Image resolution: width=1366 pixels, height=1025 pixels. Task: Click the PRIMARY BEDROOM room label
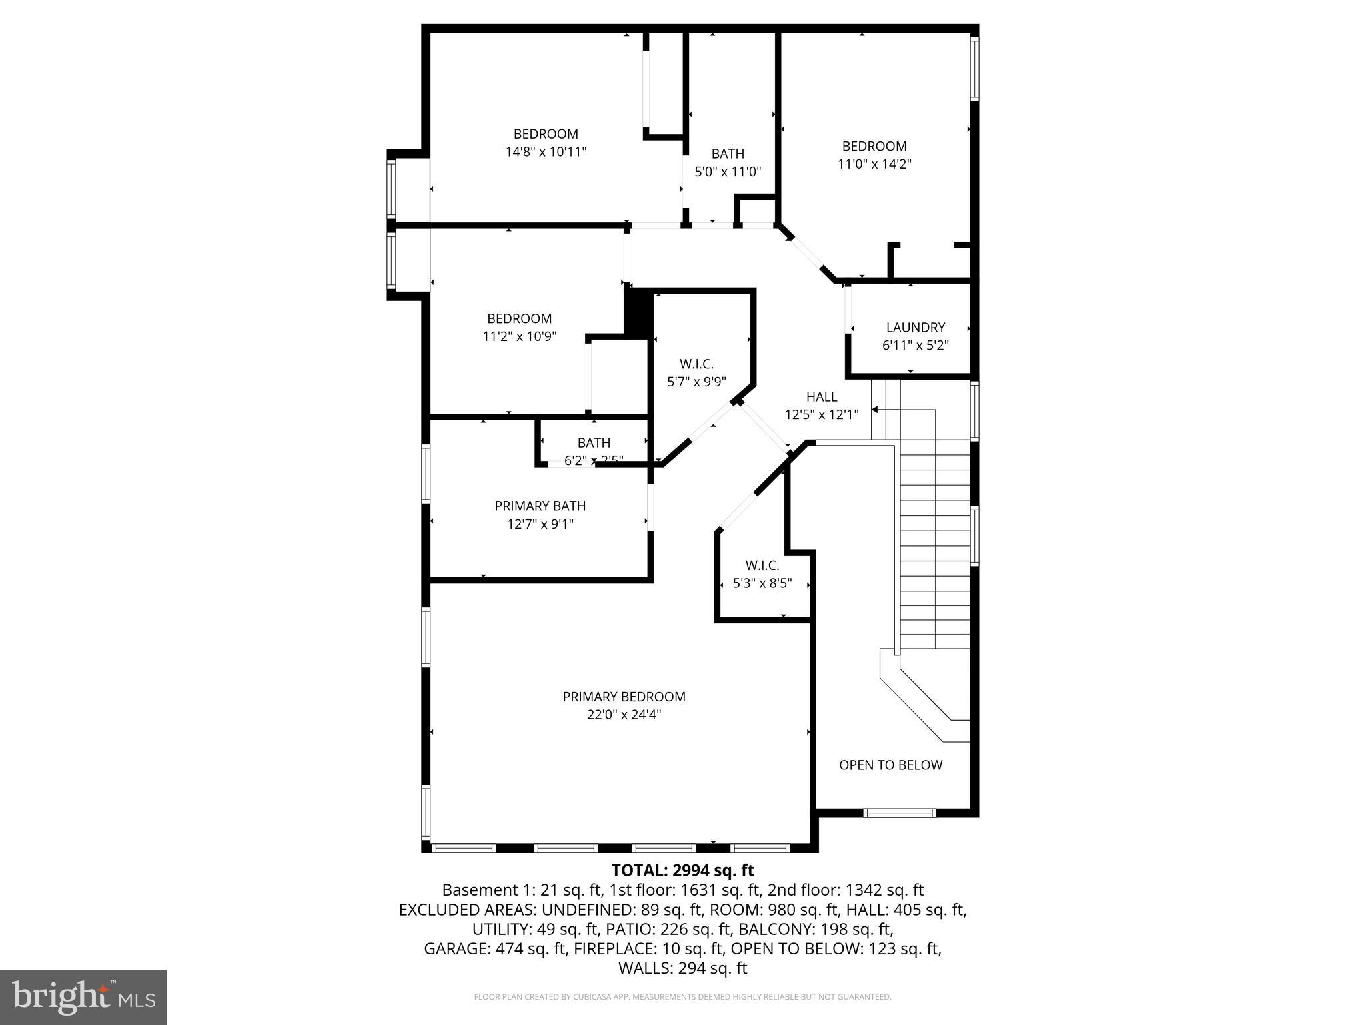click(x=624, y=697)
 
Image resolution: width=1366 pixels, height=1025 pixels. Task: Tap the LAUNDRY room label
click(x=915, y=328)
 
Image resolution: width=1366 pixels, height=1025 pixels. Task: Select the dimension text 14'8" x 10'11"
click(x=546, y=152)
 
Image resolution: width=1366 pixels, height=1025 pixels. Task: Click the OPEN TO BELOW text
click(x=890, y=765)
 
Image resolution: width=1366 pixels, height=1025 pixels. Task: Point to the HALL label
click(x=821, y=397)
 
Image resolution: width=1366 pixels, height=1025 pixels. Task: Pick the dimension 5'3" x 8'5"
click(x=762, y=583)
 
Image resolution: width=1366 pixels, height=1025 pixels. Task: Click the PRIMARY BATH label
click(x=540, y=506)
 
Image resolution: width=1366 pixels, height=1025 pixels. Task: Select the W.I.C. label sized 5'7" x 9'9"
click(x=696, y=364)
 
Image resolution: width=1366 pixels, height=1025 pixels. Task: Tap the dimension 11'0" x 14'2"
click(x=874, y=164)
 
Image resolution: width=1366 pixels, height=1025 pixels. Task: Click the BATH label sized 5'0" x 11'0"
click(x=728, y=154)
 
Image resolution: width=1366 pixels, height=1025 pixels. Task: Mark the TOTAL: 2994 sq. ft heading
click(x=682, y=870)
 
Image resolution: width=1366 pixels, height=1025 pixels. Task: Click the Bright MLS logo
click(x=83, y=998)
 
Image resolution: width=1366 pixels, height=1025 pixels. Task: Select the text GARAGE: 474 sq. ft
click(x=496, y=948)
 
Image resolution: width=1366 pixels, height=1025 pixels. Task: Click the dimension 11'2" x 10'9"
click(x=520, y=337)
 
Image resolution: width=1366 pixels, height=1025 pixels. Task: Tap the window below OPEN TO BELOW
click(x=900, y=813)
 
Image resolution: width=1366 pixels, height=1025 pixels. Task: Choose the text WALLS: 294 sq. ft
click(x=682, y=968)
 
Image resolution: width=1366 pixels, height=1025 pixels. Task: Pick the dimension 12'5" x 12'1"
click(x=821, y=415)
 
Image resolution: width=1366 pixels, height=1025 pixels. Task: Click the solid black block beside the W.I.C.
click(x=638, y=313)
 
